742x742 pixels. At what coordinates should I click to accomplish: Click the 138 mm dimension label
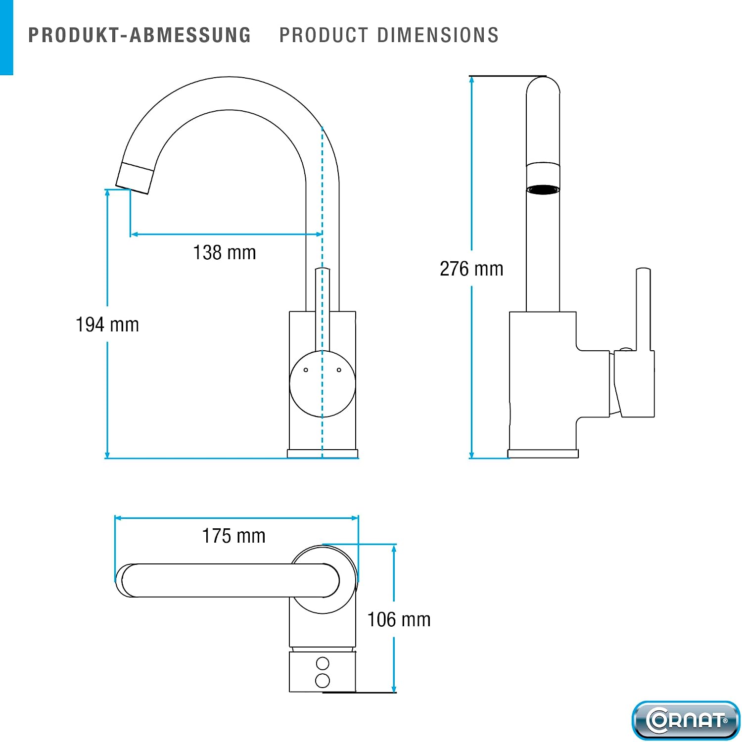pos(225,253)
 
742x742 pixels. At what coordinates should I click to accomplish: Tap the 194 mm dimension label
pos(107,325)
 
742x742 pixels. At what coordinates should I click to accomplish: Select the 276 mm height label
pos(471,269)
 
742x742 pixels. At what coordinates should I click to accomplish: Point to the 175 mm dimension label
pos(234,536)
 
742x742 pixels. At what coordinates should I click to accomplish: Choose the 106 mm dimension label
pos(399,620)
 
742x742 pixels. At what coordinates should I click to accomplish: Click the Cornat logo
pos(686,720)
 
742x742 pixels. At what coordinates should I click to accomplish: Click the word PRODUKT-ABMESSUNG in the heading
pos(139,35)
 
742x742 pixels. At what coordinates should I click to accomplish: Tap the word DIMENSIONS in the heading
pos(438,35)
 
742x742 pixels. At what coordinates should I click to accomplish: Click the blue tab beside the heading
pos(6,38)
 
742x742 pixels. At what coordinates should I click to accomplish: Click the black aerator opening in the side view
pos(543,189)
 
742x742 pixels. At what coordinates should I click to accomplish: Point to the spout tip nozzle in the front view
pos(135,178)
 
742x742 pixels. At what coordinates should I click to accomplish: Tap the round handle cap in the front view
pos(323,384)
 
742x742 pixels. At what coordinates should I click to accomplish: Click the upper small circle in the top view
pos(323,663)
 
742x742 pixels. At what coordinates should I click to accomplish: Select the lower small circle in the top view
pos(323,681)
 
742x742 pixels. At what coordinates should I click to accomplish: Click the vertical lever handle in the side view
pos(643,310)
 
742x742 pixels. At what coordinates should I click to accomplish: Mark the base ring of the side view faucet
pos(543,454)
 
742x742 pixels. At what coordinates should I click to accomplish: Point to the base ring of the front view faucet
pos(323,454)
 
